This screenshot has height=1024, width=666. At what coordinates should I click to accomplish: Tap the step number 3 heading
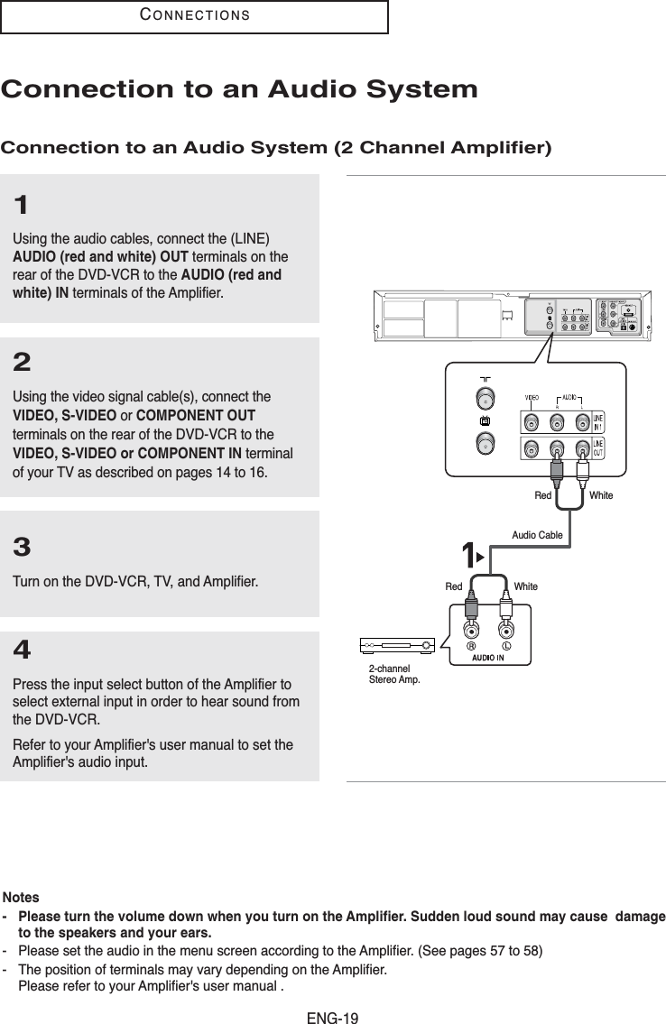click(x=23, y=548)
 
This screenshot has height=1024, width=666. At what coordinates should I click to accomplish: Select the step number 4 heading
click(x=23, y=650)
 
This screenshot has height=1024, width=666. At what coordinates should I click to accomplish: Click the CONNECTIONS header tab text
click(x=194, y=16)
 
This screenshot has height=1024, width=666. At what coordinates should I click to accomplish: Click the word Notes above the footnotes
click(x=21, y=898)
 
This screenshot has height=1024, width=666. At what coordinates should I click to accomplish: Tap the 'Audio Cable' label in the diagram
click(x=537, y=535)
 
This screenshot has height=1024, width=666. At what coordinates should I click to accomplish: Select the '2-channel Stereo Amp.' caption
click(x=395, y=673)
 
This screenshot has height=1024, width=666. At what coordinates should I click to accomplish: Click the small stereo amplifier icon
click(x=397, y=646)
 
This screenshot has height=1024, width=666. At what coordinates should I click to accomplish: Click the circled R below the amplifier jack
click(x=470, y=645)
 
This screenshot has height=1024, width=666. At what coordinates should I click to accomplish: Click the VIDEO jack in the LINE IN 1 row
click(x=532, y=420)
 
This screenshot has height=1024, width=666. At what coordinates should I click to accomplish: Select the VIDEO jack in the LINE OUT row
click(x=532, y=447)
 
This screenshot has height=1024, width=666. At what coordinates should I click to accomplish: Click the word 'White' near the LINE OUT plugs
click(x=600, y=495)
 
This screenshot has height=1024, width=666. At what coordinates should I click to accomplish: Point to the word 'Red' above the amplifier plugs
click(x=453, y=586)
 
